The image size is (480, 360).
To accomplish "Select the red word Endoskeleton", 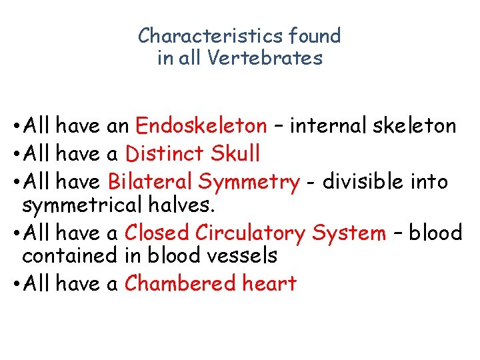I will pyautogui.click(x=201, y=125).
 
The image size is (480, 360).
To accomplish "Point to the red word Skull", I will pyautogui.click(x=235, y=154).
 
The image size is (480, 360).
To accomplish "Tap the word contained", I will pyautogui.click(x=70, y=255).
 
